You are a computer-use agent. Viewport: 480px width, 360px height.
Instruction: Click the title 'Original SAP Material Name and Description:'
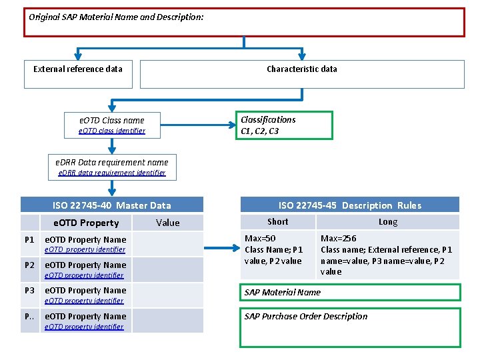click(116, 17)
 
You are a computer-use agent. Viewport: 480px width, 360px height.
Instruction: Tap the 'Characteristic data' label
click(301, 69)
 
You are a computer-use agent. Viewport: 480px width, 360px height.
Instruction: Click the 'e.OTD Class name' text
click(112, 121)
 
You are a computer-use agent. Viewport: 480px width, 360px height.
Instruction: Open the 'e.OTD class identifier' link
click(112, 131)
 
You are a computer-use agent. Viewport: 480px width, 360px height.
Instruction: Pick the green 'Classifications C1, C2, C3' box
click(285, 125)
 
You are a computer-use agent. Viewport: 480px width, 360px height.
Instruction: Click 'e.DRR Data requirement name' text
click(112, 162)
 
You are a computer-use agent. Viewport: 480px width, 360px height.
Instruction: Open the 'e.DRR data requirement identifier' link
click(112, 173)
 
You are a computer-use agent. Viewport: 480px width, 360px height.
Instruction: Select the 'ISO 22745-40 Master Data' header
click(112, 205)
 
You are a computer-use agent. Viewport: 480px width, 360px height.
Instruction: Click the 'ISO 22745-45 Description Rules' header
click(349, 205)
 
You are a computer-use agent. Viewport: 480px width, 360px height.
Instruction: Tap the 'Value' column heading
click(167, 223)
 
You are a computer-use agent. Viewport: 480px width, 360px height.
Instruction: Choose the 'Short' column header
click(277, 222)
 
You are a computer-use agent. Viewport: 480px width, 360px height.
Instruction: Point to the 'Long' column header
click(387, 222)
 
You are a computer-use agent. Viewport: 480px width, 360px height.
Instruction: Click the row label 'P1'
click(29, 239)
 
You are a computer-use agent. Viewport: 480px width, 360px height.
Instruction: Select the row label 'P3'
click(29, 291)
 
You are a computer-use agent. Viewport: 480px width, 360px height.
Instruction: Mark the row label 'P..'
click(29, 317)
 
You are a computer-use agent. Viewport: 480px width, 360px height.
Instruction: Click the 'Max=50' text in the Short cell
click(260, 239)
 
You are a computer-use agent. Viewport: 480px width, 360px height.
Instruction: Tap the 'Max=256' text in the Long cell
click(338, 239)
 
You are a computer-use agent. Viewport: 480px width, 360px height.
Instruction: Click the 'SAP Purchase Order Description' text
click(306, 317)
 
